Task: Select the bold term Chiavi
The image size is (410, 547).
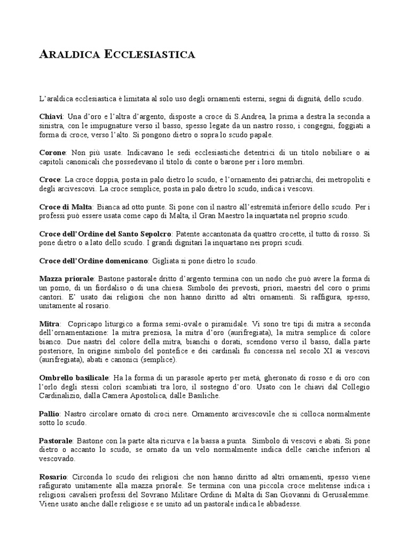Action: (51, 116)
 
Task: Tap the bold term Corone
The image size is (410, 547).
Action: (52, 153)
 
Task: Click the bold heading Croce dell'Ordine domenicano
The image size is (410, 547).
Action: (93, 261)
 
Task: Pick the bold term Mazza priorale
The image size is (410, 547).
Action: (66, 279)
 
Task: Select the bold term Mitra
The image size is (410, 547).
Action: (49, 324)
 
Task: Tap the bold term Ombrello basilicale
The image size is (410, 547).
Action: (74, 378)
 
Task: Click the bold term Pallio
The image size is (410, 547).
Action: (50, 414)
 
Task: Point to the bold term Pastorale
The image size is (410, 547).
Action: (56, 441)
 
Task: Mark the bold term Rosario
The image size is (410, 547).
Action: (53, 476)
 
